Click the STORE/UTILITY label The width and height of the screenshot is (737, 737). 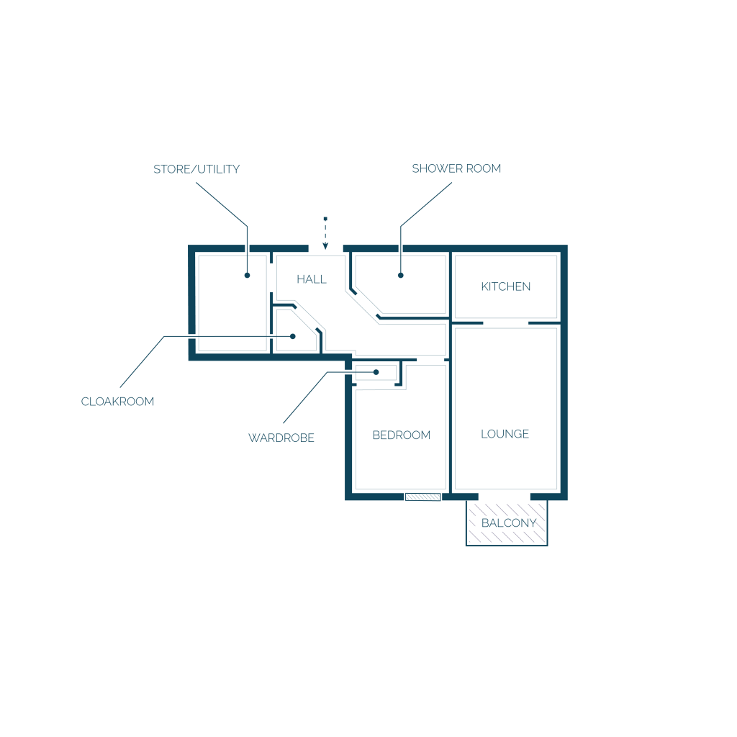coord(196,169)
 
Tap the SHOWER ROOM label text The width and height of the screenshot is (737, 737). coord(456,168)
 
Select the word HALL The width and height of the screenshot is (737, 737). coord(312,279)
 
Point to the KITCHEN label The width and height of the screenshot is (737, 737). coord(506,286)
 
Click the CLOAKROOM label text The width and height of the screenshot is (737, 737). coord(117,402)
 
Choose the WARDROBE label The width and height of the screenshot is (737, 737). coord(281,438)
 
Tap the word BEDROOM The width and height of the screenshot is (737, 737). coord(402,435)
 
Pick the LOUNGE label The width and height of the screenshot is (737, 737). coord(505,434)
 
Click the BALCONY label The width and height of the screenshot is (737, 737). coord(509,523)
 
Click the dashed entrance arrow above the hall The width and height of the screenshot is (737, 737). coord(325,233)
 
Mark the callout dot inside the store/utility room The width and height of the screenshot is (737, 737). coord(248,276)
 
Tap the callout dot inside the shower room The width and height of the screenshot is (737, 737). coord(400,276)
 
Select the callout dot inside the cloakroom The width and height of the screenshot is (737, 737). coord(293,337)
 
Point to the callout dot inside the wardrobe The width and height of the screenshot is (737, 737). coord(376,372)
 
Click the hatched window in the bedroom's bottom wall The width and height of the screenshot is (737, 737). coord(423,497)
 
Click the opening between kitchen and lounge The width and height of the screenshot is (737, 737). coord(506,323)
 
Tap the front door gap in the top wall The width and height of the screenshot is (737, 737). coord(326,248)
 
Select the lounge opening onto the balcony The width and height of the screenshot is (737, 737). coord(505,497)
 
